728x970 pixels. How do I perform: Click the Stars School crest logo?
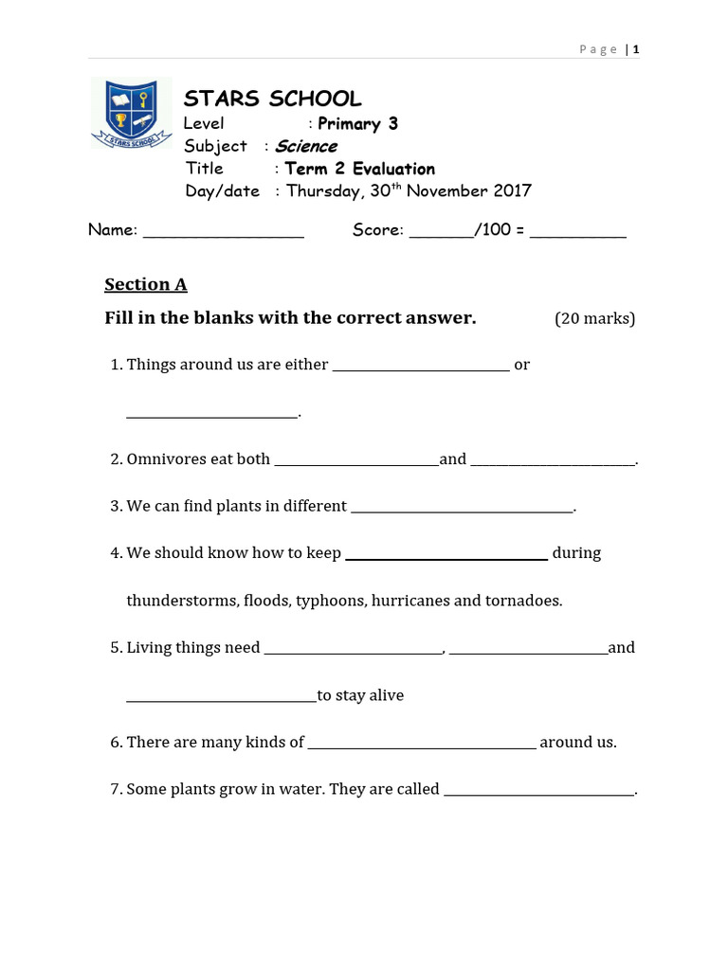point(131,113)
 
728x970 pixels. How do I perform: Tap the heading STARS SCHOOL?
point(272,99)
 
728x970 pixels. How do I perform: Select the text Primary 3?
point(357,123)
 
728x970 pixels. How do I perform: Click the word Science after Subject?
point(306,146)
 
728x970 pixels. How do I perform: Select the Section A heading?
point(146,284)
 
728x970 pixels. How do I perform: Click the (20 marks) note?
point(594,318)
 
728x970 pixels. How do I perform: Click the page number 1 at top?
point(636,49)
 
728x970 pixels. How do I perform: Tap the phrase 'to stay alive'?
point(360,695)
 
